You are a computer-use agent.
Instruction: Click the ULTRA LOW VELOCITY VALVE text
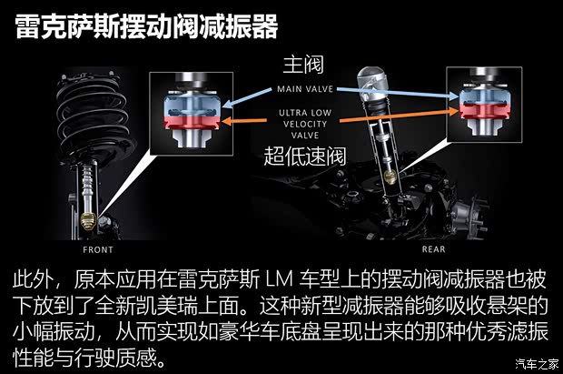pyautogui.click(x=303, y=121)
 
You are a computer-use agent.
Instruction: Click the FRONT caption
pyautogui.click(x=98, y=248)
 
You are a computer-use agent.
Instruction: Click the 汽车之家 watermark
pyautogui.click(x=536, y=364)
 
